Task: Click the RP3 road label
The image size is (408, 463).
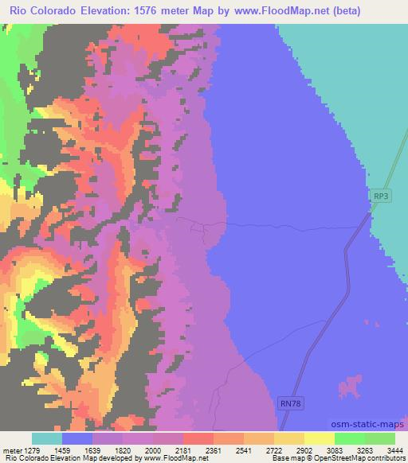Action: pos(381,195)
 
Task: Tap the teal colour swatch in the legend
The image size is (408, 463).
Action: pos(47,438)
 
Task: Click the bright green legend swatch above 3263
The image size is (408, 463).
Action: pos(350,438)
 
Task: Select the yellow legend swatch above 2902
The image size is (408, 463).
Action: pos(288,438)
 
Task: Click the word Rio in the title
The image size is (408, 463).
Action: pos(19,11)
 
